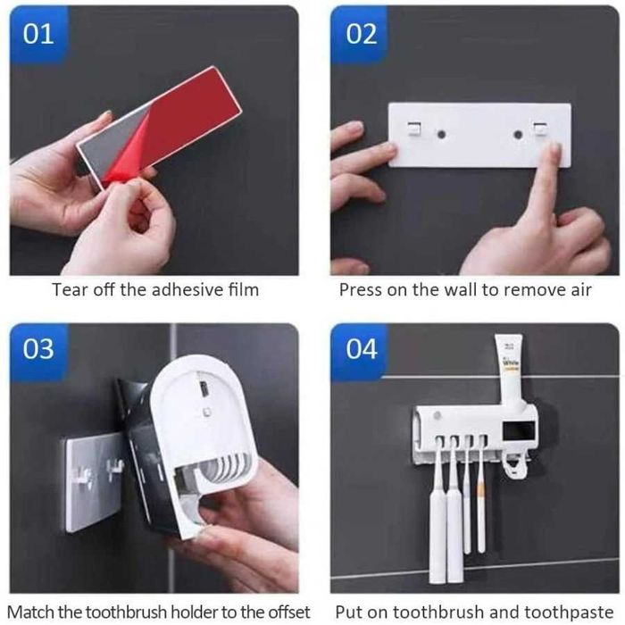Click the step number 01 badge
pos(38,34)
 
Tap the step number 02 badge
pos(361,34)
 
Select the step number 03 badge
pos(38,350)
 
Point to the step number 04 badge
pos(361,350)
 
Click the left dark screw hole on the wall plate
pos(441,134)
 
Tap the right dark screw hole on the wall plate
pos(518,134)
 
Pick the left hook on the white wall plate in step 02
pos(414,129)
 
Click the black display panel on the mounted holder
pos(519,431)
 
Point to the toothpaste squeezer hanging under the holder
pos(515,467)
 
